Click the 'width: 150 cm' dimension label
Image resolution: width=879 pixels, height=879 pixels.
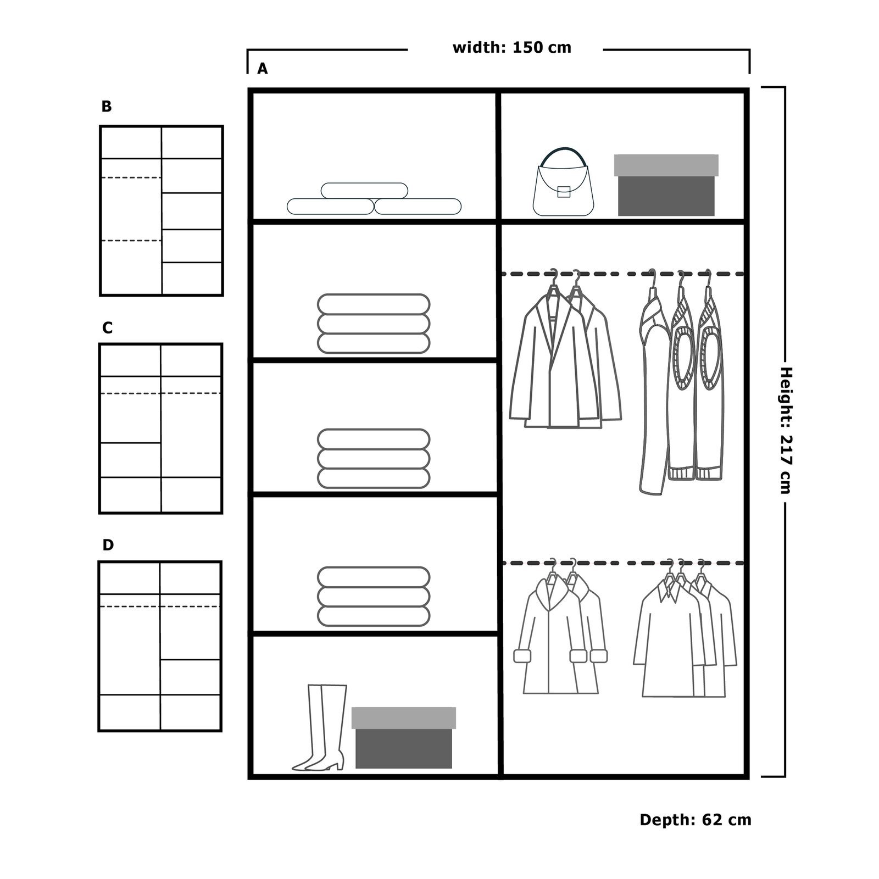(511, 48)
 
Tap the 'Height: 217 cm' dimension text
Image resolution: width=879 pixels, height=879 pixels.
(786, 431)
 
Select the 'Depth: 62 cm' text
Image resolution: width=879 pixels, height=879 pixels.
(696, 820)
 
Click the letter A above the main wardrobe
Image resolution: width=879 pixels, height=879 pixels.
(263, 69)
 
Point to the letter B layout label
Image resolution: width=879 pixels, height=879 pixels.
(107, 107)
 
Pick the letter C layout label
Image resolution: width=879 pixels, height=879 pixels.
(107, 328)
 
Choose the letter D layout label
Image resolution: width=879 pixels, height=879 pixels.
(108, 545)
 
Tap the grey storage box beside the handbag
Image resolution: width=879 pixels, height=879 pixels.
(666, 185)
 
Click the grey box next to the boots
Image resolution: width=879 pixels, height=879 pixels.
(404, 737)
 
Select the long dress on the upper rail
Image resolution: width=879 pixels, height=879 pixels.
(653, 385)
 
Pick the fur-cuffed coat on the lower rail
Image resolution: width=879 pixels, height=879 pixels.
(560, 632)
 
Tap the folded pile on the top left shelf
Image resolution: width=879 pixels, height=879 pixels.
(374, 199)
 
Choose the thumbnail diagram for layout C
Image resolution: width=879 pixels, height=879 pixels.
(161, 429)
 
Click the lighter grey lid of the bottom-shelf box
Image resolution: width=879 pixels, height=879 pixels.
(404, 717)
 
